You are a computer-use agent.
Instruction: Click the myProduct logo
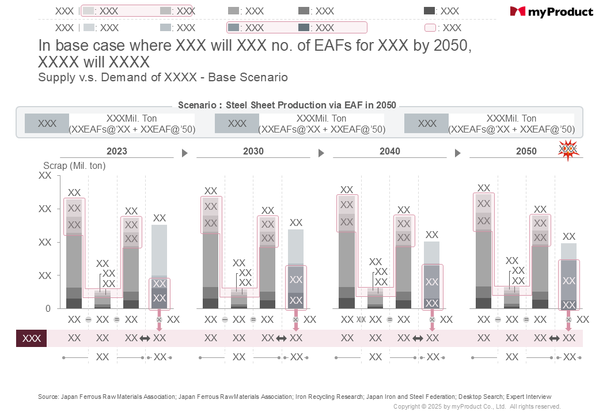551,12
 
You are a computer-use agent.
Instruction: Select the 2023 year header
116,152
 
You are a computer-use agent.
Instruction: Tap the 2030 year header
253,152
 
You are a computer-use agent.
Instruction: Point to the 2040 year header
389,152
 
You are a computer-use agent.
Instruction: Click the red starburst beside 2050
568,149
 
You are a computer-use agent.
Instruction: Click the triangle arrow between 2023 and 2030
184,153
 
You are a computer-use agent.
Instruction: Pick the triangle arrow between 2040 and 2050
457,153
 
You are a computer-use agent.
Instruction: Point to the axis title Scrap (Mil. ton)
74,165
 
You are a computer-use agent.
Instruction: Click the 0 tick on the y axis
48,309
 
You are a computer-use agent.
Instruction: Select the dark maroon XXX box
31,338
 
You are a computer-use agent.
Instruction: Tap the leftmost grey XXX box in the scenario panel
47,123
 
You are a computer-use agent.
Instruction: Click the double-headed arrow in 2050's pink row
555,338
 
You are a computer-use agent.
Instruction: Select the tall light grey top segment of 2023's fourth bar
159,250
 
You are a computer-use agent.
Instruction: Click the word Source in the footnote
48,397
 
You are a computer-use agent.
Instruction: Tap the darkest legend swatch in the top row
429,11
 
